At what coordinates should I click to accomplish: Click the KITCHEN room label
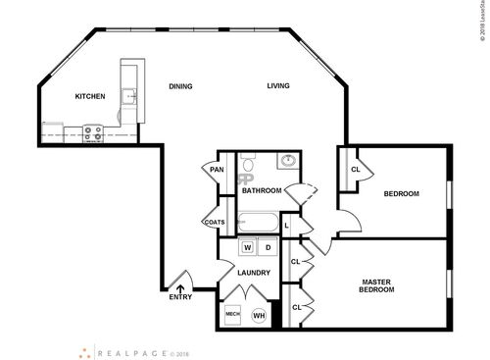click(x=90, y=97)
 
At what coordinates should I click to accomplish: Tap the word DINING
click(x=179, y=86)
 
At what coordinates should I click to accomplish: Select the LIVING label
click(x=279, y=86)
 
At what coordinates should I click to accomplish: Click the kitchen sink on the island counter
click(x=127, y=97)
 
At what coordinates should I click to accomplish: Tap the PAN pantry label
click(x=216, y=170)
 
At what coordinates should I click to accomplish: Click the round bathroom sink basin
click(x=288, y=161)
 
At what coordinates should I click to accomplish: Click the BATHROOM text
click(x=262, y=190)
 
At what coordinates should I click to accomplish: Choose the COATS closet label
click(x=215, y=222)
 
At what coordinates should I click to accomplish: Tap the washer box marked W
click(x=247, y=247)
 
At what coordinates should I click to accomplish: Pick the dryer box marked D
click(x=267, y=247)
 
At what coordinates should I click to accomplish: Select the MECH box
click(x=233, y=314)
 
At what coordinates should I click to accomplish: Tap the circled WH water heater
click(x=259, y=315)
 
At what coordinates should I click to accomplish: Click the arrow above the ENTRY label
click(x=178, y=286)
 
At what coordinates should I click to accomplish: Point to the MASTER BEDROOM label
click(x=376, y=285)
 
